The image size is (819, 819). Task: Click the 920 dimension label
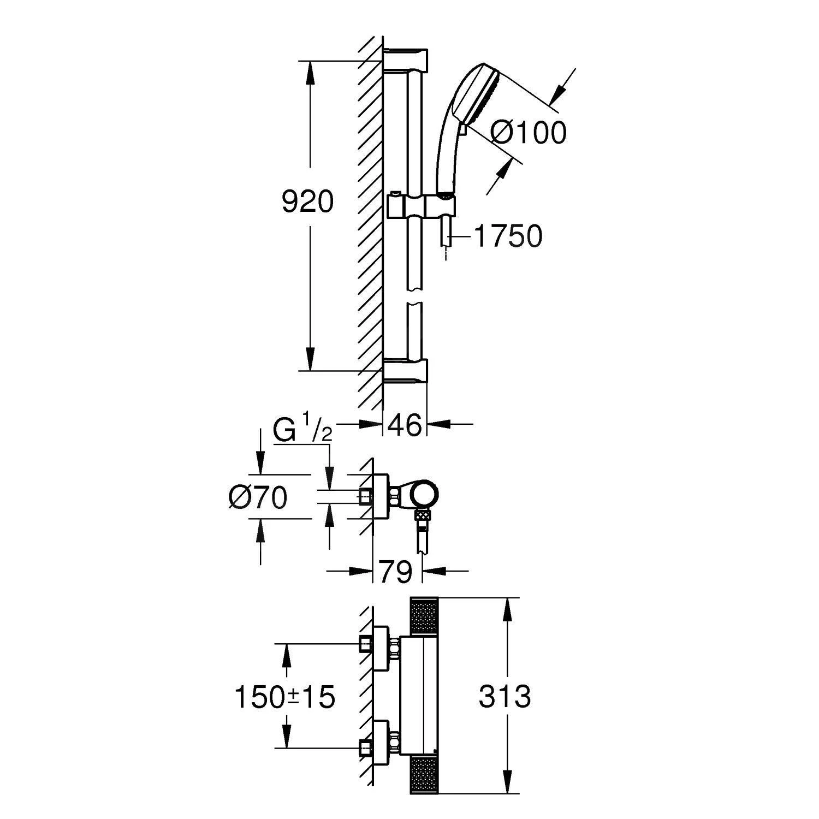307,203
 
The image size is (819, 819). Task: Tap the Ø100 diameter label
528,133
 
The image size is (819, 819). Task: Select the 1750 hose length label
508,236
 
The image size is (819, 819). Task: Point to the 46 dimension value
405,425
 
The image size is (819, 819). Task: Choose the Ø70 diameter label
258,497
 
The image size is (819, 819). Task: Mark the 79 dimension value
396,572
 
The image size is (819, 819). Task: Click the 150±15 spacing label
284,697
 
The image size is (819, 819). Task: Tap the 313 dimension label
505,697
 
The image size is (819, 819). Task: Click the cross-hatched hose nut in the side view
423,514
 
